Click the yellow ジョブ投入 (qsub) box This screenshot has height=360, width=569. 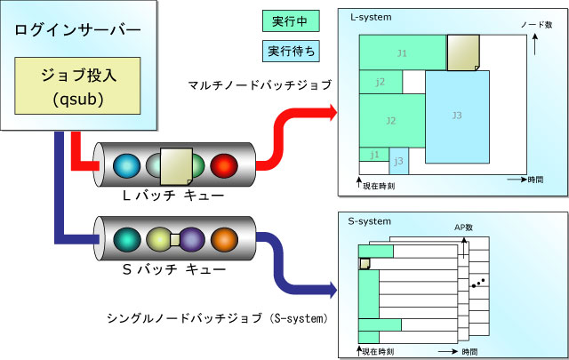tap(77, 85)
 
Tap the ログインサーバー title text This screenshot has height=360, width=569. tap(77, 30)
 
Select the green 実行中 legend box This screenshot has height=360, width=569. tap(291, 21)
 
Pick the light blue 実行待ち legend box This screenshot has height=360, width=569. tap(291, 52)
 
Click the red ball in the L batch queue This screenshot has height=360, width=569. tap(224, 166)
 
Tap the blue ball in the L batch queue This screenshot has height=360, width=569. tap(126, 166)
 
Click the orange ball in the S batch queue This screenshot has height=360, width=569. tap(225, 239)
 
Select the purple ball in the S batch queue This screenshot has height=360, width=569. tap(192, 239)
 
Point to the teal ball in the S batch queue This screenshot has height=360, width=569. tap(127, 239)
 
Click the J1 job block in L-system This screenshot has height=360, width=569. tap(403, 52)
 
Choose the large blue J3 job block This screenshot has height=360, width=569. tap(457, 116)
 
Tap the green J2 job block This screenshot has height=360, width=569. tap(392, 121)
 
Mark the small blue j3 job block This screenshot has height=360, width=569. tap(399, 161)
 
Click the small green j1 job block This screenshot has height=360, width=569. tap(374, 155)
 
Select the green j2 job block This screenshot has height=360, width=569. tap(381, 82)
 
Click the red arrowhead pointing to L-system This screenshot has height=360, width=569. tap(333, 113)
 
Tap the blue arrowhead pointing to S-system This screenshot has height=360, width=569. tap(333, 290)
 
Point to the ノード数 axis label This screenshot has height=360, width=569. tap(537, 25)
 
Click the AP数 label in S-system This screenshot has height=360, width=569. tap(463, 228)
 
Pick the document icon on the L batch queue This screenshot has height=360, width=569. tap(176, 166)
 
